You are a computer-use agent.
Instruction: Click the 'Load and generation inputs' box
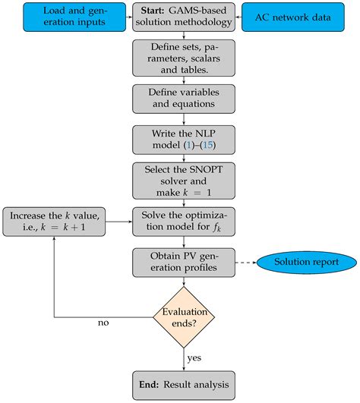click(65, 17)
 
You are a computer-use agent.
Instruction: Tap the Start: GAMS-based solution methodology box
click(179, 17)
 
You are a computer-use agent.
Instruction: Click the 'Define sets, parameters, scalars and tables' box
click(179, 58)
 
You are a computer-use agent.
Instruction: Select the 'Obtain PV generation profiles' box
click(179, 263)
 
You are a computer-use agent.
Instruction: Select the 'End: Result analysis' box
click(179, 383)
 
